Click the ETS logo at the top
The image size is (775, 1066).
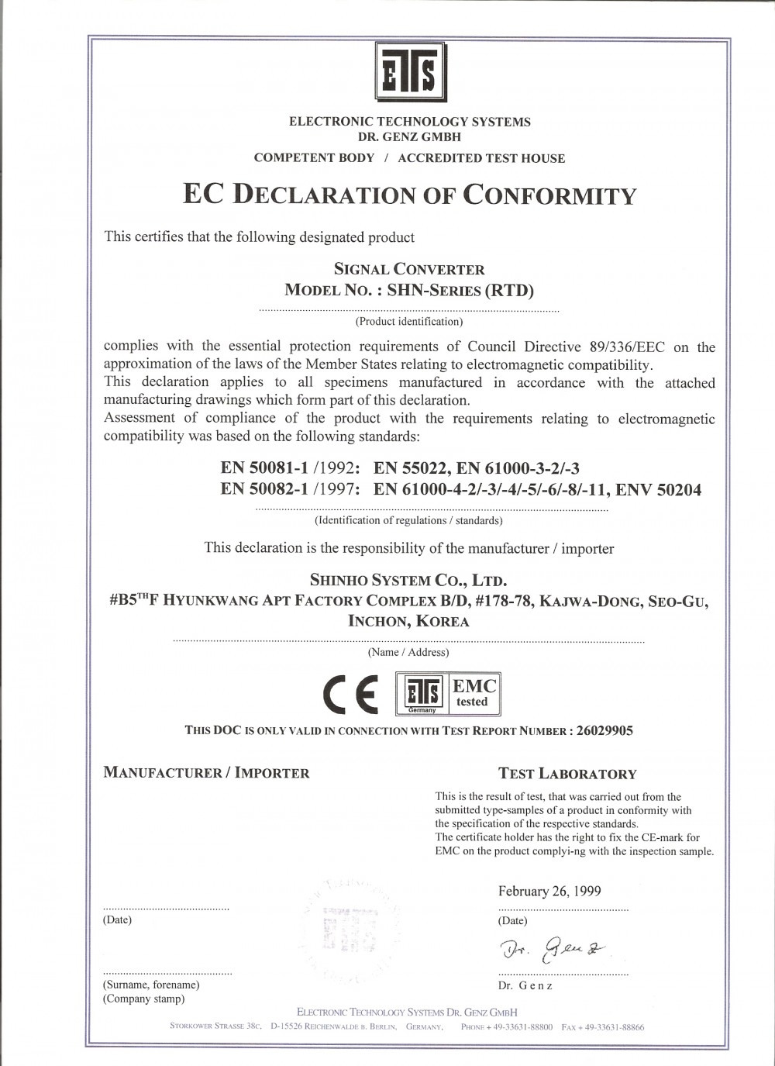pos(411,71)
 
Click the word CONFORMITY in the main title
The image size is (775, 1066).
pos(549,195)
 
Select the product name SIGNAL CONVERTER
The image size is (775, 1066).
pos(409,270)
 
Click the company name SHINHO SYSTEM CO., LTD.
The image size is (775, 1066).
pos(408,580)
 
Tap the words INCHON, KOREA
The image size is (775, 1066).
pos(408,621)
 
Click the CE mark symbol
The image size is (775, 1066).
pos(351,694)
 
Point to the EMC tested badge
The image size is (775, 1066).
pos(474,693)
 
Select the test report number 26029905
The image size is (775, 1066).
pos(604,730)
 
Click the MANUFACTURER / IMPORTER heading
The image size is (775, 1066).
pos(206,773)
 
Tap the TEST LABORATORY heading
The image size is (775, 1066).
pos(567,774)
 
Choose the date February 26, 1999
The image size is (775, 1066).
pos(549,892)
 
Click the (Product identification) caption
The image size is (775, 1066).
pos(408,321)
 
